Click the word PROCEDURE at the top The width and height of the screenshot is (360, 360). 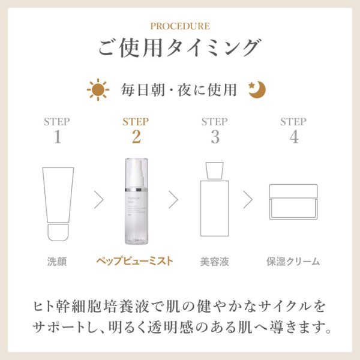point(179,26)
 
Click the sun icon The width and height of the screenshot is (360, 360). point(97,89)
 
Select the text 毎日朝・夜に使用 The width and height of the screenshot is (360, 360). point(179,90)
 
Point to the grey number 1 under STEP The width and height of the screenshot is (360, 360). point(57,137)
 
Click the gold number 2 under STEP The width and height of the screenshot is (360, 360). point(136,137)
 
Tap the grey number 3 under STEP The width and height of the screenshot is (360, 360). point(214,137)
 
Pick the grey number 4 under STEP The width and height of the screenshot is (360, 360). point(293,137)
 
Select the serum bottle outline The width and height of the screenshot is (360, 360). point(214,204)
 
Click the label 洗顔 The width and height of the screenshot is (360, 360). point(57,262)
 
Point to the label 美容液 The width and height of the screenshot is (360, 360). point(214,262)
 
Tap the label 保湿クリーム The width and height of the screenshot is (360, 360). point(293,262)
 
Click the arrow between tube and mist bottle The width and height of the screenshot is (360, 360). point(99,199)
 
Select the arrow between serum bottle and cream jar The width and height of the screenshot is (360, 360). point(248,199)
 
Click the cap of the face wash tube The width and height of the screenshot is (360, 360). point(58,232)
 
